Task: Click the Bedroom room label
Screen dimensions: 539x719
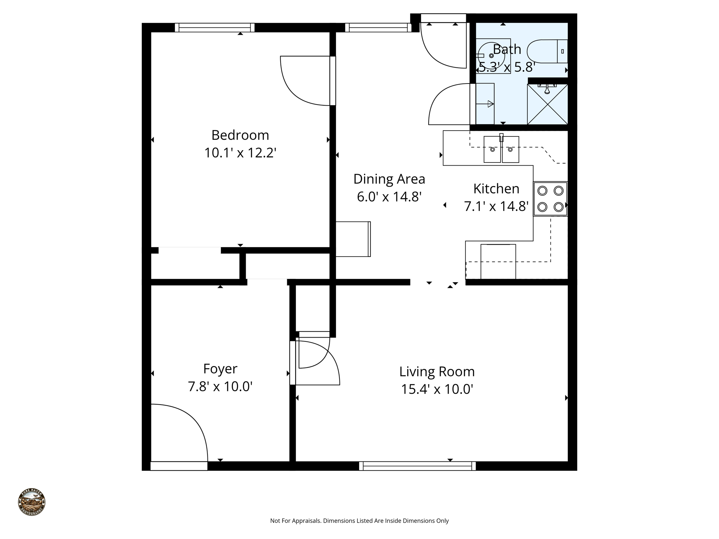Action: (x=240, y=135)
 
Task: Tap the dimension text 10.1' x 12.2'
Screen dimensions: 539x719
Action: (x=240, y=153)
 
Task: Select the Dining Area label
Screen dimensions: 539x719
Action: (x=389, y=179)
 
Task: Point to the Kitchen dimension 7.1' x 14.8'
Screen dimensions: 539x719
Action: (x=496, y=206)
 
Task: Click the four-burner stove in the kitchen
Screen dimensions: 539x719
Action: (x=550, y=199)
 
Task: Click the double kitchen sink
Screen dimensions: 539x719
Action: (x=501, y=149)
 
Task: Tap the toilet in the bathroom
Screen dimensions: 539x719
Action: (x=548, y=51)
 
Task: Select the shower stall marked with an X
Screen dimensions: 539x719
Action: (x=547, y=104)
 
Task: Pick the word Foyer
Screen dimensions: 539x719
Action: (x=220, y=369)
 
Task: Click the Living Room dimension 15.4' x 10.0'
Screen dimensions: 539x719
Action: (x=437, y=389)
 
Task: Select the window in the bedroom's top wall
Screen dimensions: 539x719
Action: (x=215, y=27)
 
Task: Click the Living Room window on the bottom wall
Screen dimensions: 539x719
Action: (x=417, y=466)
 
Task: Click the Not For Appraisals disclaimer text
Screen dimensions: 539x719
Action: (x=359, y=521)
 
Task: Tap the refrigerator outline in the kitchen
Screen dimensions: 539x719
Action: (x=498, y=261)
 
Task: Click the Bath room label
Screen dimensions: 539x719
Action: (x=507, y=49)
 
